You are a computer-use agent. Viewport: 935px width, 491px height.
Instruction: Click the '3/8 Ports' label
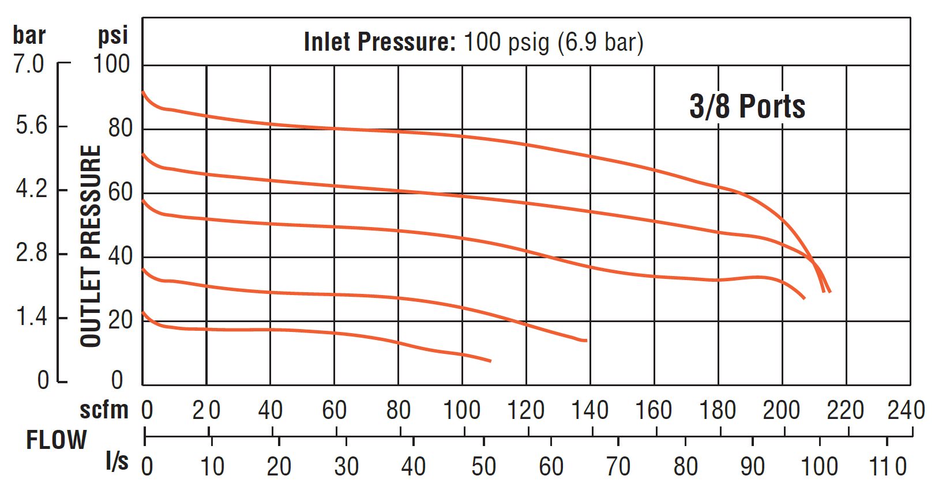coord(747,107)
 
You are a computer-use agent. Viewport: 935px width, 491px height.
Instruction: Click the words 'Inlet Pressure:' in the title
coord(380,42)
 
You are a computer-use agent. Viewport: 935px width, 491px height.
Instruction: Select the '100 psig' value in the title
coord(506,42)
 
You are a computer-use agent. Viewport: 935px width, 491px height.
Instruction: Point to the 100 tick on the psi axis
coord(112,64)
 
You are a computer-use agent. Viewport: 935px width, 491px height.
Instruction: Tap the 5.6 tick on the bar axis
coord(31,126)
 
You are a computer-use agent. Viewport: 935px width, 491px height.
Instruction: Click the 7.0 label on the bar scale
coord(29,64)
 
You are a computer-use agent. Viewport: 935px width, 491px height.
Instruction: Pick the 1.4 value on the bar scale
coord(31,317)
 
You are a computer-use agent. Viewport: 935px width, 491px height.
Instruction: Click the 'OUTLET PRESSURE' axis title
coord(91,246)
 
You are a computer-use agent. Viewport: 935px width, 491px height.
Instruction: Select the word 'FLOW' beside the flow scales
coord(56,440)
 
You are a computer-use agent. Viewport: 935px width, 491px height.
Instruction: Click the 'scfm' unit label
coord(104,410)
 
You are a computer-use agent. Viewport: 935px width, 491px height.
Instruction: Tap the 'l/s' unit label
coord(117,462)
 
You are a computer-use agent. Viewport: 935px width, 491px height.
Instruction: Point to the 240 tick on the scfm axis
coord(906,410)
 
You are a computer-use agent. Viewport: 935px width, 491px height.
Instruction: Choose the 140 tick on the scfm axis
coord(589,410)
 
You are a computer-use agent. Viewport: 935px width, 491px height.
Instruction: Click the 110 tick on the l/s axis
coord(888,466)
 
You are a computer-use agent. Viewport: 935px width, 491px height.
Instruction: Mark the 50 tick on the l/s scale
coord(483,466)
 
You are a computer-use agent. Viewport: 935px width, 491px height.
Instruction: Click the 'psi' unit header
coord(112,36)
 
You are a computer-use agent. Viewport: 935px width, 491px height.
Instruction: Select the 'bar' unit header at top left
coord(29,36)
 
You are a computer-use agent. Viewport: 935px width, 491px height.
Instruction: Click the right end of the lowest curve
coord(490,361)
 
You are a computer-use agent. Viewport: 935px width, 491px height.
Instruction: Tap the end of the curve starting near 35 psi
coord(586,341)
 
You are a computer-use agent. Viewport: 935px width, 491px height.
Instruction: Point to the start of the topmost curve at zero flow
coord(143,92)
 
